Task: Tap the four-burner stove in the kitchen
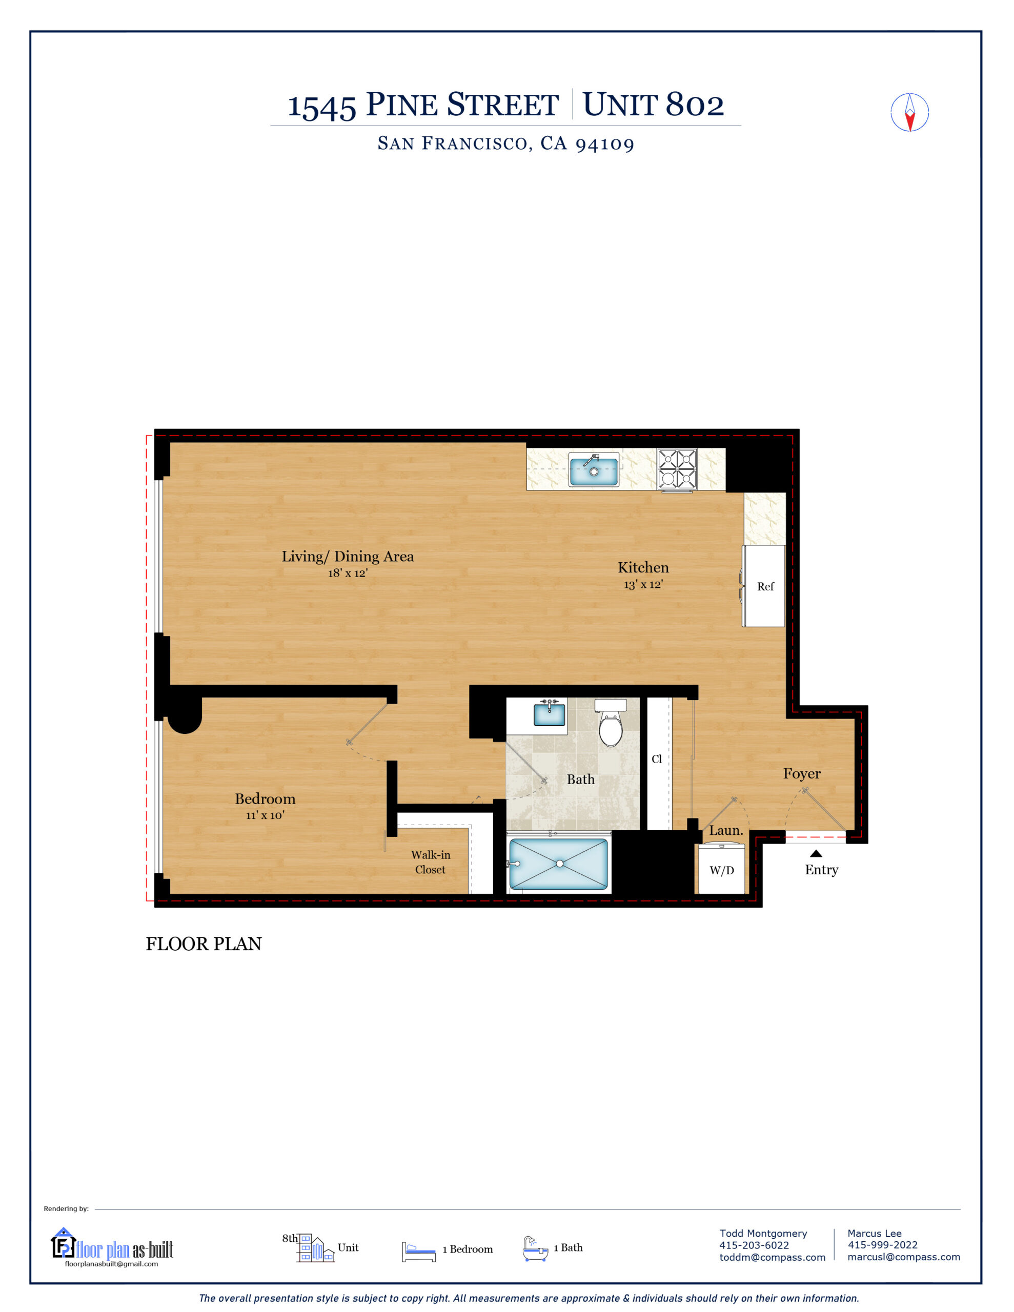(x=677, y=469)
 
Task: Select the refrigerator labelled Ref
(x=764, y=586)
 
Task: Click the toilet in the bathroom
(x=610, y=725)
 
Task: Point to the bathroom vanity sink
(x=550, y=714)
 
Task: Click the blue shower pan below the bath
(x=559, y=864)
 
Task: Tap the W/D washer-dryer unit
(x=721, y=869)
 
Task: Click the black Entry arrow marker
(x=816, y=853)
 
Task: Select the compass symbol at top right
(x=909, y=112)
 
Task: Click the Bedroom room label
(x=265, y=798)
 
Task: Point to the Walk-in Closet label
(x=431, y=862)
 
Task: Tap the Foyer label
(x=801, y=774)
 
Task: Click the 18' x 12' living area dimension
(x=348, y=573)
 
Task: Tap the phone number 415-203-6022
(x=754, y=1245)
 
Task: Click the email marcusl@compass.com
(x=903, y=1257)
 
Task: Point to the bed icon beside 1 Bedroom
(x=418, y=1252)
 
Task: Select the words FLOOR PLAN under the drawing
(x=204, y=944)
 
